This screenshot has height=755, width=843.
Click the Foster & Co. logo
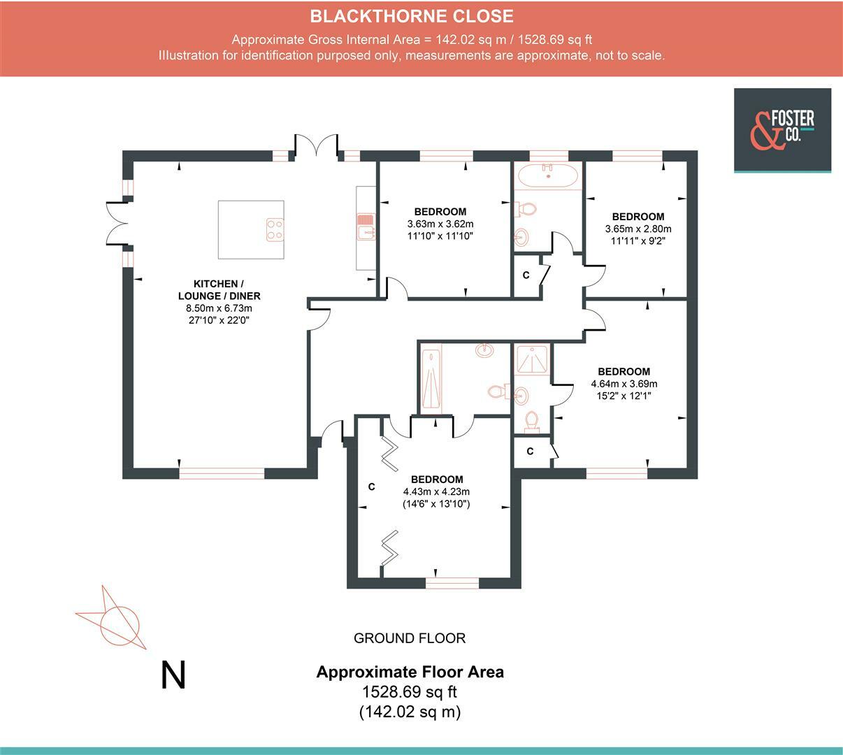[x=782, y=130]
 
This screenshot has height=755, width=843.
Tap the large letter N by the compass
[x=173, y=675]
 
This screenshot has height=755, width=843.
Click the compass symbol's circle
[x=120, y=626]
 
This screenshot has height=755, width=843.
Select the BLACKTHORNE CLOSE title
[x=412, y=16]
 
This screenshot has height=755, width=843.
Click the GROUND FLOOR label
[x=410, y=638]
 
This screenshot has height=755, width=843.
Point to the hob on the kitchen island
[x=275, y=230]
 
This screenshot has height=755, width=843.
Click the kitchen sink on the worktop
[x=366, y=226]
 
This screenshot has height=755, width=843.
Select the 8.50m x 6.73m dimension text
[x=219, y=308]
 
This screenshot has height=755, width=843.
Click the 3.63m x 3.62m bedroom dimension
[x=440, y=224]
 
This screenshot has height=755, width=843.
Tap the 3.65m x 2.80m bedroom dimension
[x=638, y=229]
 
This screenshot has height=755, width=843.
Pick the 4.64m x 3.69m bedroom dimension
[x=624, y=384]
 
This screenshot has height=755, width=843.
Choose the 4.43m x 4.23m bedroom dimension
[x=436, y=491]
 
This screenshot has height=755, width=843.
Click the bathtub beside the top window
[x=548, y=175]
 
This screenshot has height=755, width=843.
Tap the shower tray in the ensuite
[x=533, y=359]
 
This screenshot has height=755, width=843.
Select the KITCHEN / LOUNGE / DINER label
[x=219, y=289]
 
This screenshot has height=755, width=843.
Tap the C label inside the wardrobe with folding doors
[x=372, y=487]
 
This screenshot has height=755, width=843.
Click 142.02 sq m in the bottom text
[x=410, y=712]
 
